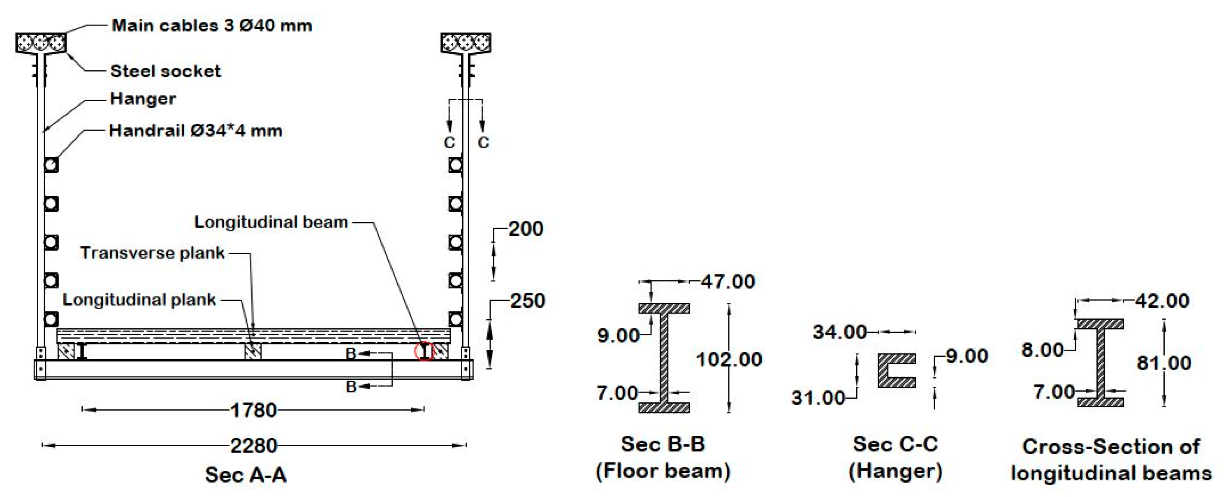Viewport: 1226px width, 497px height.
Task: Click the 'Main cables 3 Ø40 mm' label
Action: pos(212,25)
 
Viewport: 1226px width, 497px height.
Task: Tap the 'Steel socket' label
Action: pos(166,71)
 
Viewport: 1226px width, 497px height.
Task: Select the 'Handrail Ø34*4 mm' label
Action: pos(196,130)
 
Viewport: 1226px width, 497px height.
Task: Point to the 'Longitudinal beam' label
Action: pos(271,222)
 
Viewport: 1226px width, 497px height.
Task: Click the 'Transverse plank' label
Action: pos(152,252)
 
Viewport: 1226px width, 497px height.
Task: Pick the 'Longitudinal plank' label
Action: pos(139,300)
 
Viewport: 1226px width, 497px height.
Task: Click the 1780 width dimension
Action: pos(253,410)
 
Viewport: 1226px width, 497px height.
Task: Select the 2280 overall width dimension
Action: pos(254,446)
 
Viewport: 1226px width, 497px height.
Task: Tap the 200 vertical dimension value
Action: pos(526,229)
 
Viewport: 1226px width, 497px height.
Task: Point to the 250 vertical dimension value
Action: pos(528,301)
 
